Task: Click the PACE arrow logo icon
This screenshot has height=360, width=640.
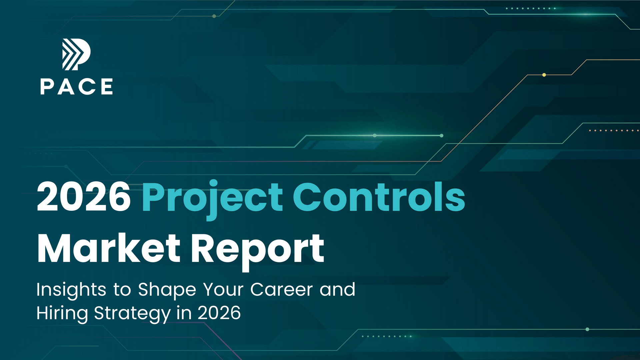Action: (x=76, y=54)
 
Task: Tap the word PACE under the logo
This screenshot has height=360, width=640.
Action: (x=76, y=87)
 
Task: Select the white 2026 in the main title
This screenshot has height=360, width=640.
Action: (x=84, y=197)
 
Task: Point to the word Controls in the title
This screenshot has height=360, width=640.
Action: (x=379, y=197)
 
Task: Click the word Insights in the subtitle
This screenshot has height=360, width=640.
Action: (x=71, y=290)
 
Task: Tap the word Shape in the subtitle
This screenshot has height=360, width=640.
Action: (x=167, y=290)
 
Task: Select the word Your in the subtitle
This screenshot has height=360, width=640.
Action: (x=223, y=289)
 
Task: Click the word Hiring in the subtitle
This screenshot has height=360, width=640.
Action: (x=62, y=314)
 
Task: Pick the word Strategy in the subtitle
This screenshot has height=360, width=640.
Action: (x=132, y=314)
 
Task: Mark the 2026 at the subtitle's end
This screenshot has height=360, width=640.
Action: (x=219, y=313)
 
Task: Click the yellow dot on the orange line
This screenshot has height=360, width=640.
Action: (x=544, y=75)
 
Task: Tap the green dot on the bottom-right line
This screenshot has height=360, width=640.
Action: (x=587, y=329)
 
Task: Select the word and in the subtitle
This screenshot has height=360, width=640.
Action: (x=337, y=289)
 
